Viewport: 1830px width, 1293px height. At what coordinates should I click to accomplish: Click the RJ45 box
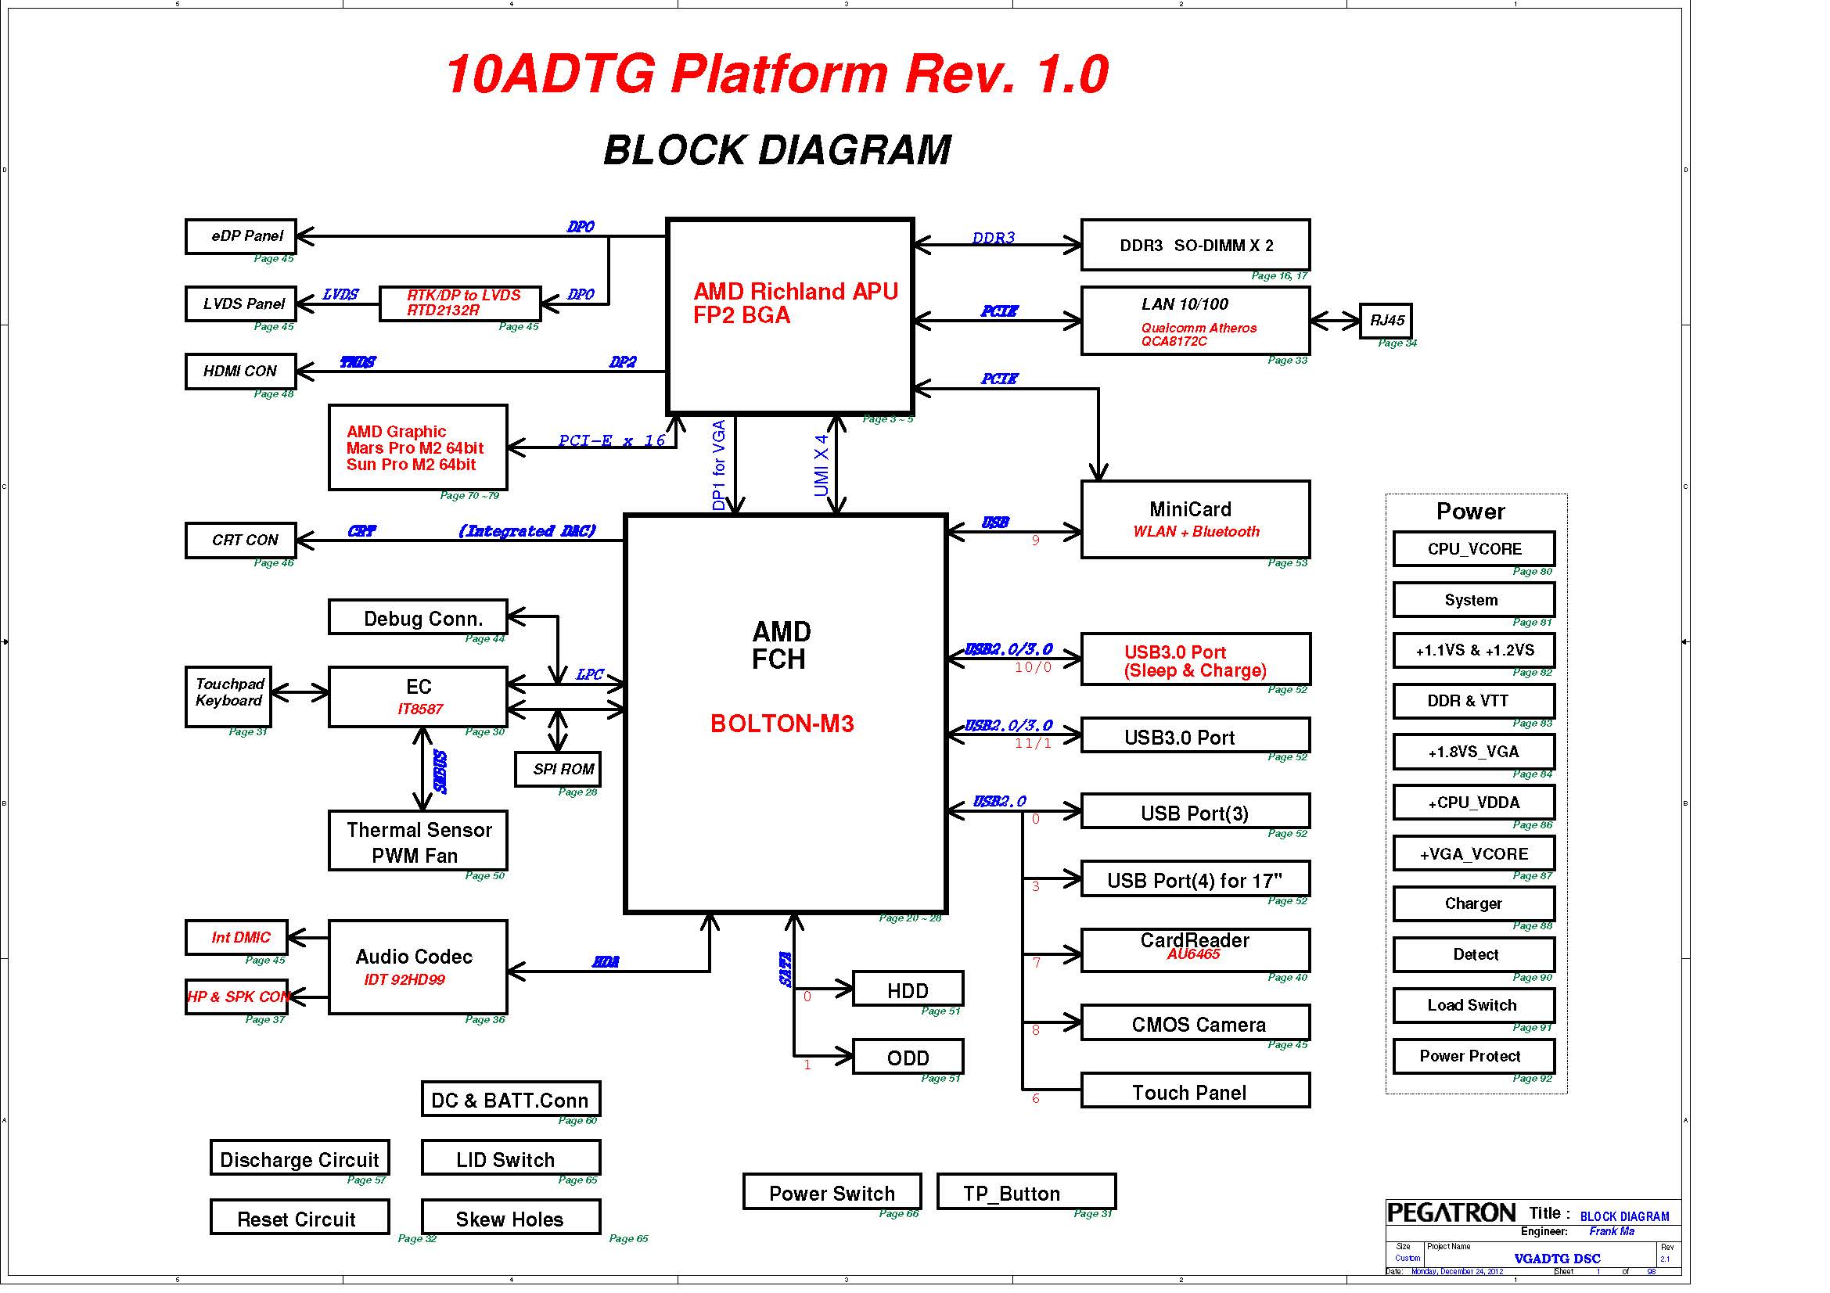click(1386, 320)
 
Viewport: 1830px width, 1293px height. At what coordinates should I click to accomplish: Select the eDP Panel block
click(241, 236)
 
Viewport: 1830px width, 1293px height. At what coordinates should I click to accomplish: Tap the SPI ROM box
click(557, 769)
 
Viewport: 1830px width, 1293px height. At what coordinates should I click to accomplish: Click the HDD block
click(907, 990)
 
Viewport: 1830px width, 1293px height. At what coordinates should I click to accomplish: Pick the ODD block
click(907, 1058)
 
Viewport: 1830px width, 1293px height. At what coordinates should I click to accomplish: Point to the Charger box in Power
click(1473, 903)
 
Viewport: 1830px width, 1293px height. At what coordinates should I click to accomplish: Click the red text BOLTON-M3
click(781, 724)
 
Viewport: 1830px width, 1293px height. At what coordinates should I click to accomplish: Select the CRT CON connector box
click(241, 541)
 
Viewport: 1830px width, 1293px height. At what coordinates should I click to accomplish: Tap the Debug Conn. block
click(418, 618)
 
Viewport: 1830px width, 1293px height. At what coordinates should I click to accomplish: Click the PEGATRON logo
click(1451, 1213)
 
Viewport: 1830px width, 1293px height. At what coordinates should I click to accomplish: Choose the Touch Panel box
click(1195, 1091)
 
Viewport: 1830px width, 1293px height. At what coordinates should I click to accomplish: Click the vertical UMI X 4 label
click(822, 465)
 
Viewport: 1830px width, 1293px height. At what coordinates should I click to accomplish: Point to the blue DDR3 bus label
click(993, 238)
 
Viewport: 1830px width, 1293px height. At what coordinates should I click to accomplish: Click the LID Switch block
click(510, 1159)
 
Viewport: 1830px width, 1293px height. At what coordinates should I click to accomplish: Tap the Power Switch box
click(832, 1193)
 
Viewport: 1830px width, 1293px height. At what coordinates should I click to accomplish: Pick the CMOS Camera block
click(1195, 1024)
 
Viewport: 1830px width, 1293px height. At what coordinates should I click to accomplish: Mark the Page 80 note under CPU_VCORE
click(1532, 572)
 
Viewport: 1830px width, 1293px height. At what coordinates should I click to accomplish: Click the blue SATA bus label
click(786, 969)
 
